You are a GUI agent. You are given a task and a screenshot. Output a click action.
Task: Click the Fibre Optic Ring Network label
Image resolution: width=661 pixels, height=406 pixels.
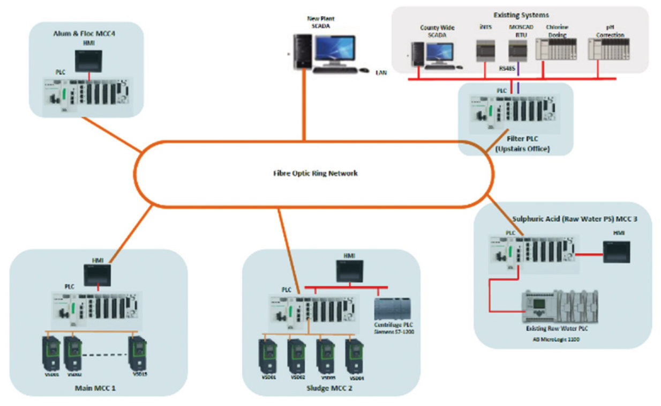click(313, 173)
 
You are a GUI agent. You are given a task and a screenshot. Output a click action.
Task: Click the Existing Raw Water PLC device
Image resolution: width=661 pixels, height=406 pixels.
click(560, 306)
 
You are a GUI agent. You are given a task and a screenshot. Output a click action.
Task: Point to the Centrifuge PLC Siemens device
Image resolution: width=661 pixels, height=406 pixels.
click(394, 309)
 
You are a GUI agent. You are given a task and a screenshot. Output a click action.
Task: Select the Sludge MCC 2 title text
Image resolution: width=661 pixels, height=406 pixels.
click(329, 388)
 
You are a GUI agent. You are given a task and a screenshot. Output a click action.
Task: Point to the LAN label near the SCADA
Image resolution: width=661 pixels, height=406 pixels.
click(381, 72)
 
